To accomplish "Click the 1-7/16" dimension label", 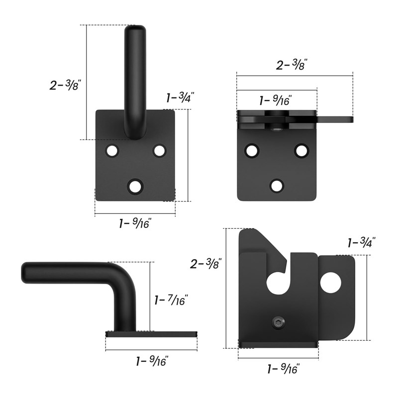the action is click(x=171, y=300).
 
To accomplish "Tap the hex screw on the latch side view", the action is click(x=278, y=322).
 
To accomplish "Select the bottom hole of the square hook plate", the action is click(x=135, y=187).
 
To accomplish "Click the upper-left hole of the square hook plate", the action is click(x=112, y=151).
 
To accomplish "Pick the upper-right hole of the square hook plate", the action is click(x=159, y=151).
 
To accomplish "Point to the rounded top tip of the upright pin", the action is click(x=135, y=26).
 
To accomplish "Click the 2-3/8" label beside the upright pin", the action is click(x=65, y=85).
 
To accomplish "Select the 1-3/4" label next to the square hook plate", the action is click(x=180, y=97).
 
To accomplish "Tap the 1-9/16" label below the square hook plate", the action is click(x=135, y=223).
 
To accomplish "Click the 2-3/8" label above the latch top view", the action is click(x=292, y=65).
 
